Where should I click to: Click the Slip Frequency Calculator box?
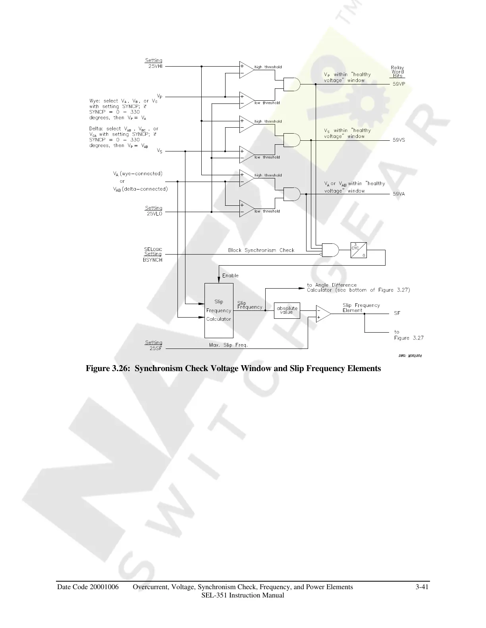219,310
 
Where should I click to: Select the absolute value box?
287,310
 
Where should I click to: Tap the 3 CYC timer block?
359,250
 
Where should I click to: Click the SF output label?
397,313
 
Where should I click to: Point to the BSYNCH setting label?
153,260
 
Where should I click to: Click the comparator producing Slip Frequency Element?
323,314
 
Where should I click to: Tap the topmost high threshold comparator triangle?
246,70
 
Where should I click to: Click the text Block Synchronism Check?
261,250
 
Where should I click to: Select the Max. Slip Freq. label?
228,345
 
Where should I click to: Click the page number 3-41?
422,587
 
